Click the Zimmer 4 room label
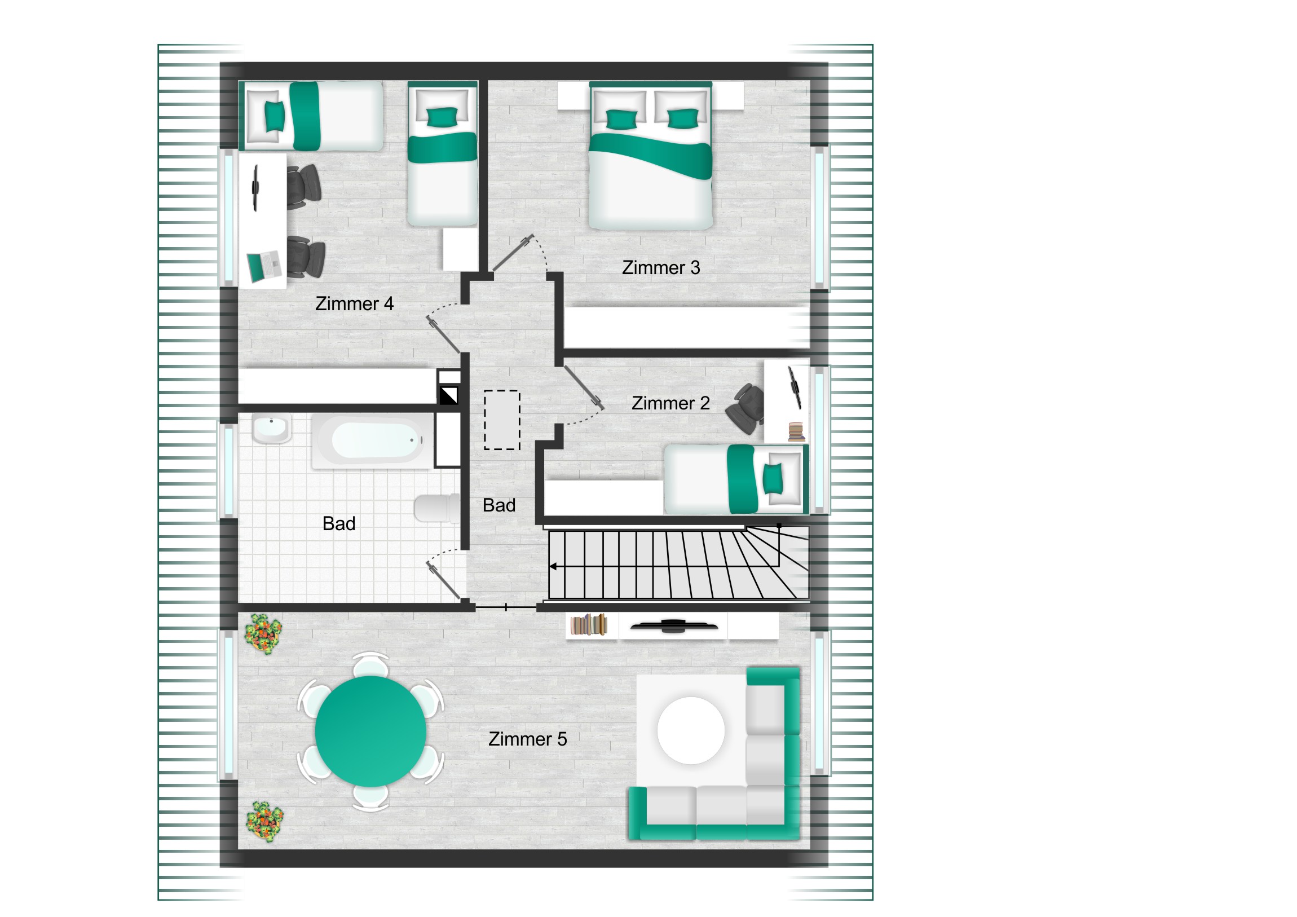coord(354,303)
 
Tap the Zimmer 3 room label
coord(661,267)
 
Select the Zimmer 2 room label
coord(670,403)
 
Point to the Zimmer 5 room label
coord(528,739)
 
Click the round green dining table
coord(370,731)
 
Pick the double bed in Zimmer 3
coord(650,156)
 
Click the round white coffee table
coord(691,730)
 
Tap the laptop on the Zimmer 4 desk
coord(264,266)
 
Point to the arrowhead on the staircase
coord(553,566)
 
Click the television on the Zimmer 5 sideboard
coord(673,625)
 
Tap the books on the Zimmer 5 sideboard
coord(589,625)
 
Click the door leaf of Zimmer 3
coord(513,253)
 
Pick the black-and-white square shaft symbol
coord(449,395)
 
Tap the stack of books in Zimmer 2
coord(796,431)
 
